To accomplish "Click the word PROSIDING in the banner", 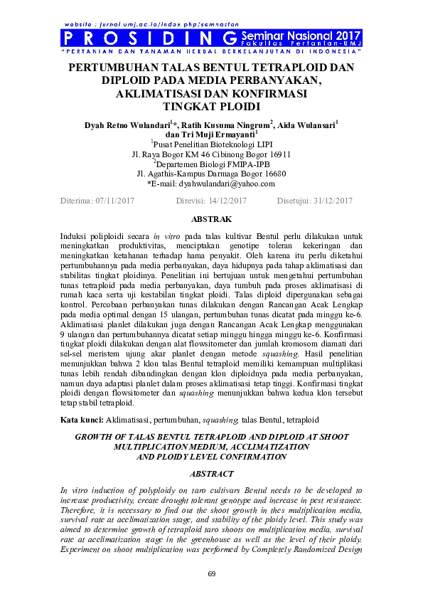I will (x=149, y=38).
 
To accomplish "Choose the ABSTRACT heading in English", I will (x=211, y=474).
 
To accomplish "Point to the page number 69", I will (x=211, y=574).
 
